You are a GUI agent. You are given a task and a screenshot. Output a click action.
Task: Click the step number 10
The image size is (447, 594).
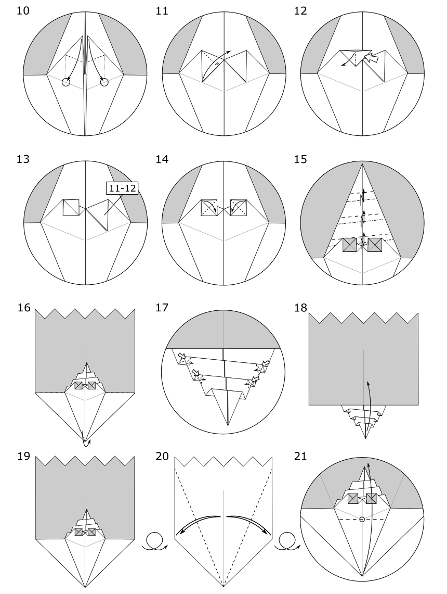pyautogui.click(x=23, y=10)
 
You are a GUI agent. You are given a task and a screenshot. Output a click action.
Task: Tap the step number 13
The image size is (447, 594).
pyautogui.click(x=23, y=159)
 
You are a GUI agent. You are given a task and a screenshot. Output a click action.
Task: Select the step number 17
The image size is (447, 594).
pyautogui.click(x=162, y=308)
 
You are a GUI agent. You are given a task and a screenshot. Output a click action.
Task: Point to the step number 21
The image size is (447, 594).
pyautogui.click(x=300, y=456)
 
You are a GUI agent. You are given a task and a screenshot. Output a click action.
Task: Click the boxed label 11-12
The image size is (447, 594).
pyautogui.click(x=122, y=188)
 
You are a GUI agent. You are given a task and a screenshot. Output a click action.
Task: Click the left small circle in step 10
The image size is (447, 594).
pyautogui.click(x=66, y=82)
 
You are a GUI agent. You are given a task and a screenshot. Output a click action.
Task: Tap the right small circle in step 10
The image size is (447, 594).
pyautogui.click(x=104, y=82)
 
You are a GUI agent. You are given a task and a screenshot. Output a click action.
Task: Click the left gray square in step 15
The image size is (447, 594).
pyautogui.click(x=350, y=245)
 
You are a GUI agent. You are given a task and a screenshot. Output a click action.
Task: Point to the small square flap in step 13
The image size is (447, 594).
pyautogui.click(x=71, y=207)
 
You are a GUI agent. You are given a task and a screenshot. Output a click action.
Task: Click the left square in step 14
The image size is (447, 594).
pyautogui.click(x=209, y=208)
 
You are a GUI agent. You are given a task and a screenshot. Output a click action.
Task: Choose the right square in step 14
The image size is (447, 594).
pyautogui.click(x=238, y=208)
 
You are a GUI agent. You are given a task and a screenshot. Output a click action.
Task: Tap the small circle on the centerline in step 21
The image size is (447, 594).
pyautogui.click(x=362, y=520)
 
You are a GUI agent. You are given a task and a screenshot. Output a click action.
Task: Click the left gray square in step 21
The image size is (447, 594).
pyautogui.click(x=353, y=499)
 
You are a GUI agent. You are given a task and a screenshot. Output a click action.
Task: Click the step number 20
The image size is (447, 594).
pyautogui.click(x=162, y=456)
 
